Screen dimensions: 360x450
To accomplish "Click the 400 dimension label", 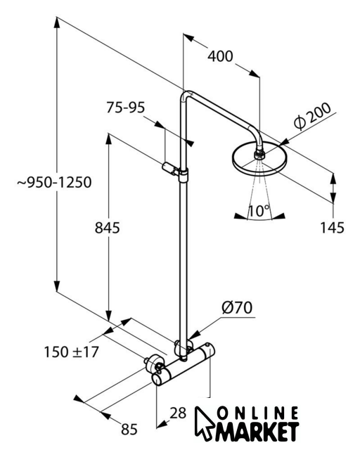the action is point(220,56).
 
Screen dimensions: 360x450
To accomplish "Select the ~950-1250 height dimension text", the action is point(55,182).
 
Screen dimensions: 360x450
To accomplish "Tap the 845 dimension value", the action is point(107,228).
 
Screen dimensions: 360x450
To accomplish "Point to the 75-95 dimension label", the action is point(126,108).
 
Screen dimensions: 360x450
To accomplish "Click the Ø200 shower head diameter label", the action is point(312,116).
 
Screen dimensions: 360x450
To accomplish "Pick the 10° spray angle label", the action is point(259,211).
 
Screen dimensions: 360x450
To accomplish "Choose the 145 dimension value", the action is point(332,228).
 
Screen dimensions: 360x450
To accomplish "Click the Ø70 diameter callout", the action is point(237,307).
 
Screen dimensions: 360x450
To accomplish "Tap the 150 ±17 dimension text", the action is point(72,352).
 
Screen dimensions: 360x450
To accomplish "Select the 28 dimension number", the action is point(178,413).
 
